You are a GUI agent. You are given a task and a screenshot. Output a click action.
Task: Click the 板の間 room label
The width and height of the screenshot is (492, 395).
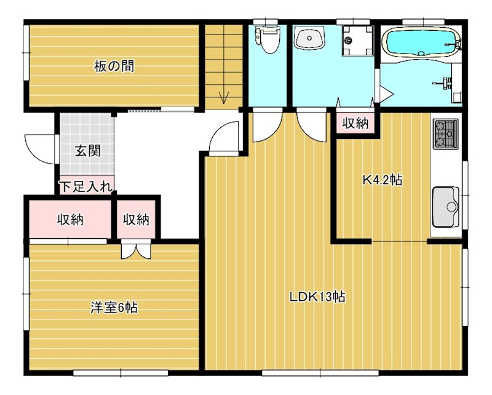tap(114, 66)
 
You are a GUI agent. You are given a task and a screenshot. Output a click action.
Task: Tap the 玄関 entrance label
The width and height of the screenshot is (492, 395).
tap(87, 151)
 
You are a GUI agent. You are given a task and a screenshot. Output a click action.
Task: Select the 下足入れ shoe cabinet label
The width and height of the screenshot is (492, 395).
tap(85, 186)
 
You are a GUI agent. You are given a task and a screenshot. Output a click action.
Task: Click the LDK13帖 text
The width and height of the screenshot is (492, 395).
tap(317, 297)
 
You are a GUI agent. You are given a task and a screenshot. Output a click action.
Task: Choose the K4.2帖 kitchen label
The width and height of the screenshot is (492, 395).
tap(382, 180)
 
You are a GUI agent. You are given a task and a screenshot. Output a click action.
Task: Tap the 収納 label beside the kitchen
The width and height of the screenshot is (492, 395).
tap(355, 123)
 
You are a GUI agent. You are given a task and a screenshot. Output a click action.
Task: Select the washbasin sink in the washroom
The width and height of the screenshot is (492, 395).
tap(307, 39)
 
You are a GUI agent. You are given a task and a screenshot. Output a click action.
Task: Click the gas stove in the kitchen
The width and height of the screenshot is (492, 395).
tap(445, 134)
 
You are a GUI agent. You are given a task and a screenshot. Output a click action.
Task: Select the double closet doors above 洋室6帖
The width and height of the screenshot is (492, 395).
tap(135, 250)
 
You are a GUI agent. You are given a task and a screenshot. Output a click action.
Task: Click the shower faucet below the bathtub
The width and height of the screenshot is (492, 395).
tap(445, 82)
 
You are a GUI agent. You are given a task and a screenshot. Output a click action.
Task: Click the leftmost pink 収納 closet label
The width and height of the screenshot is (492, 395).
tap(71, 219)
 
